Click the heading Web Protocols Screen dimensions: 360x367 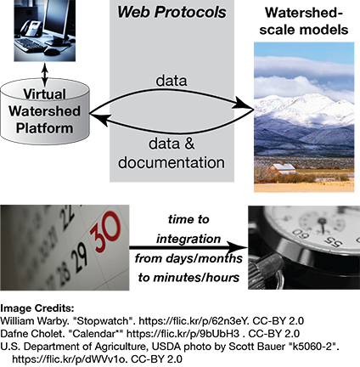coord(172,12)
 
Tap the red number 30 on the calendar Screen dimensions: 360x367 coord(105,232)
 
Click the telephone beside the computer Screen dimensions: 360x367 coord(31,27)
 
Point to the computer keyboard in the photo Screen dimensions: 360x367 coord(31,45)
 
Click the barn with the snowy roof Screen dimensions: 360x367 coord(282,169)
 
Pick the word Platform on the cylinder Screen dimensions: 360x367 coord(44,128)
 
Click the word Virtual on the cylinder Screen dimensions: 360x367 coord(44,94)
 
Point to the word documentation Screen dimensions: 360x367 coord(172,162)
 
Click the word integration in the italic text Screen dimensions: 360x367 coord(188,239)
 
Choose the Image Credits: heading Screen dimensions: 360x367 coord(37,308)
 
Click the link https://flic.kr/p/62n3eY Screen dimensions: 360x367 coord(194,321)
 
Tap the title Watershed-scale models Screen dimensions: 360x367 coord(304,21)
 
